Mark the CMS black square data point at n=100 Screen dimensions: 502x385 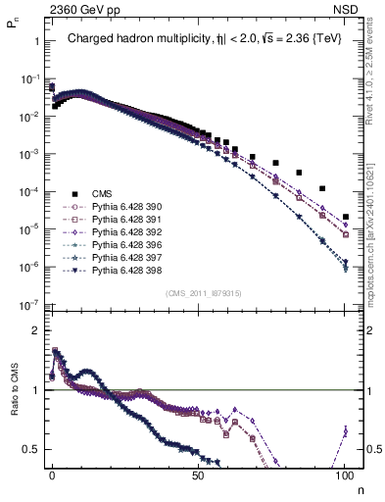pos(346,217)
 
